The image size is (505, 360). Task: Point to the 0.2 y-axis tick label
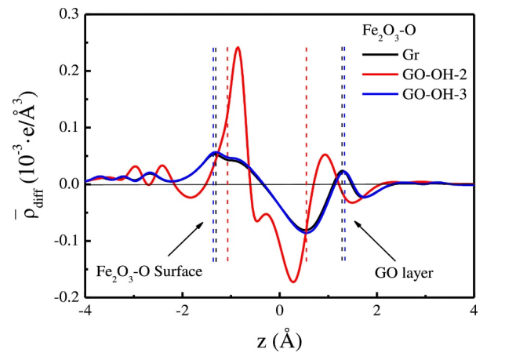(66, 71)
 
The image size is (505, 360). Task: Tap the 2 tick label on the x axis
(377, 313)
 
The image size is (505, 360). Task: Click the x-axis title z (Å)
(278, 341)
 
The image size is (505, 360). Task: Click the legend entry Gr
(411, 54)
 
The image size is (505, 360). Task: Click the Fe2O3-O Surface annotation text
(149, 271)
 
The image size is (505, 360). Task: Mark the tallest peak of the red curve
(238, 48)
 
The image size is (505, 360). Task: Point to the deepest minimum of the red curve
(293, 281)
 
